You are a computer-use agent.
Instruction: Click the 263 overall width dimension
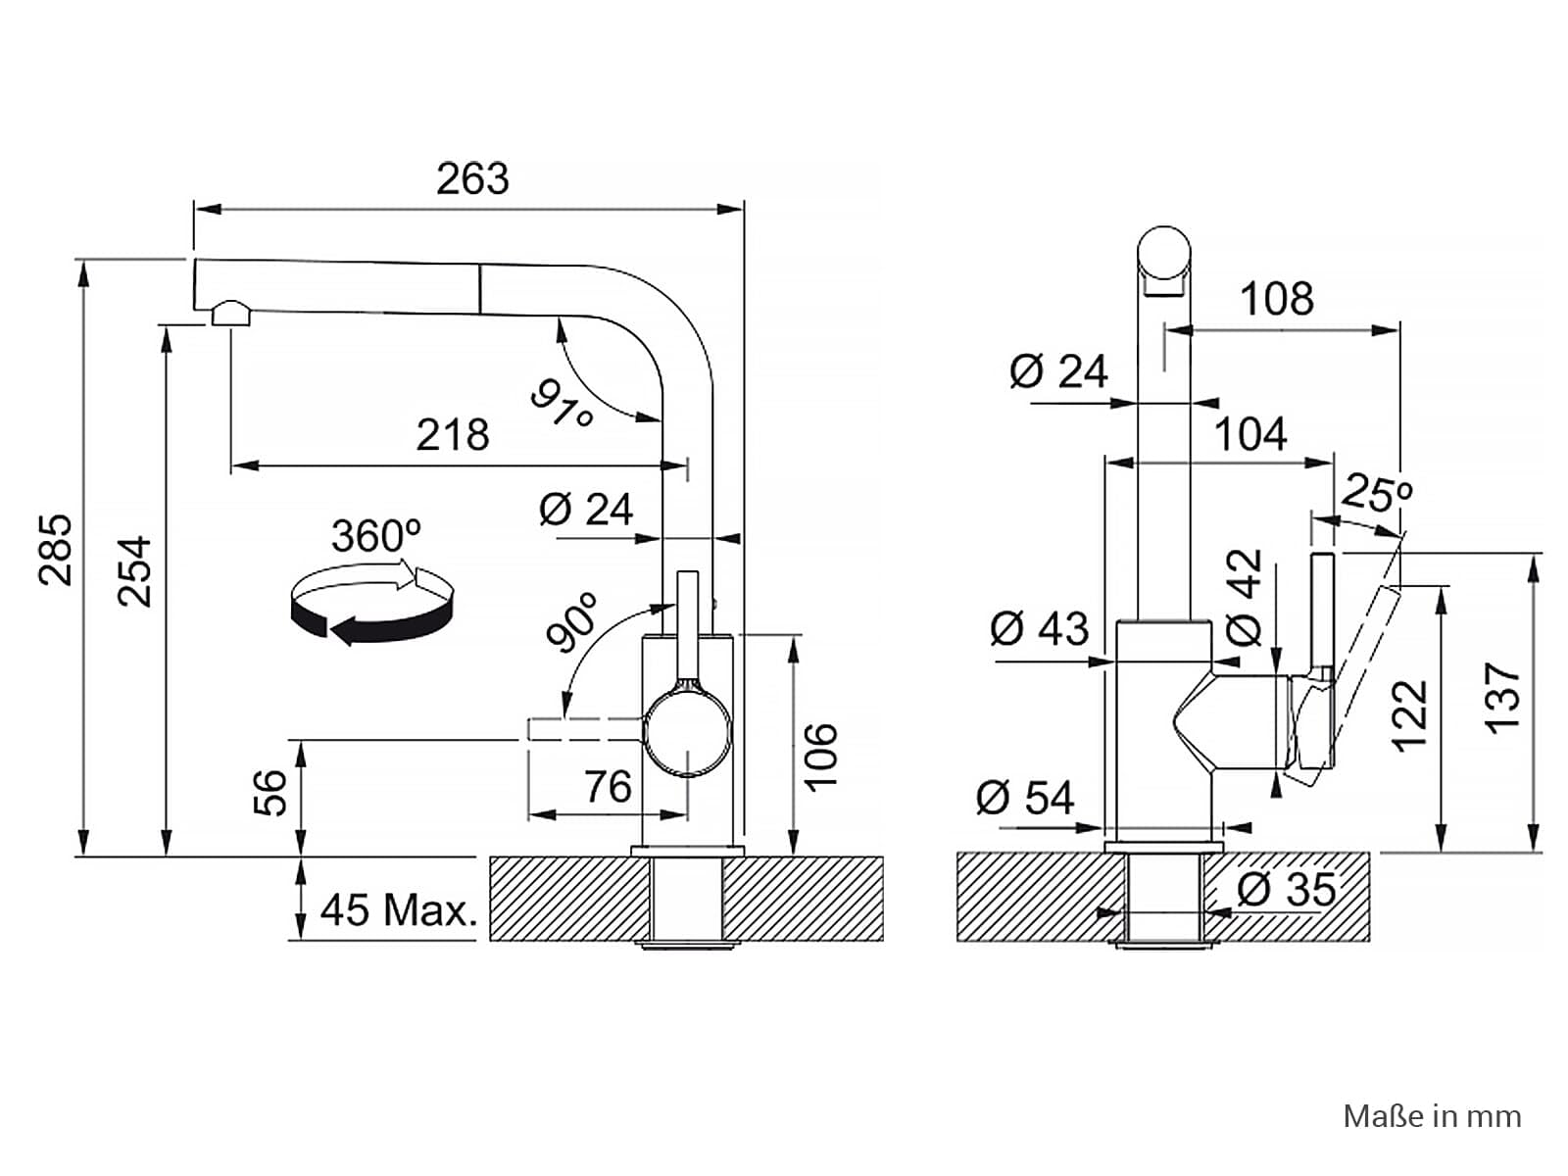pos(472,178)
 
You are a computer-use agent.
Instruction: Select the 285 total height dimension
pos(56,550)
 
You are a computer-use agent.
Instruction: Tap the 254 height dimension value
pos(135,572)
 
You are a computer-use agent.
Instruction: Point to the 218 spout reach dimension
pos(452,434)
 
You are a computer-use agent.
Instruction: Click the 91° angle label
pos(562,404)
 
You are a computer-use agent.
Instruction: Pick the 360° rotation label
pos(375,535)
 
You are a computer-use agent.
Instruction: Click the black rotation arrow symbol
pos(372,604)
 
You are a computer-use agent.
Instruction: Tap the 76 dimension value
pos(608,786)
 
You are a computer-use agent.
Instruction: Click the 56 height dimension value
pos(270,793)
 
